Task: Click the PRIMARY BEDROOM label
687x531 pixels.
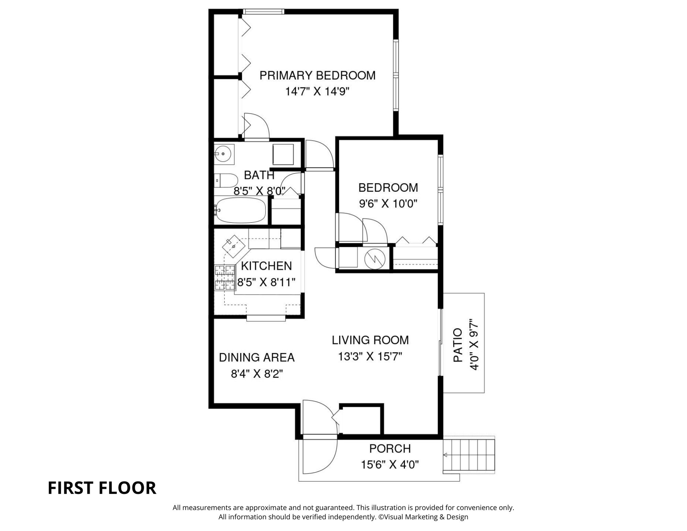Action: tap(317, 75)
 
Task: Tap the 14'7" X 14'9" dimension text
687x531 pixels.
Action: tap(317, 92)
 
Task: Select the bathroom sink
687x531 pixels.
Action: tap(224, 153)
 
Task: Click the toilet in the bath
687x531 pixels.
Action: tap(226, 180)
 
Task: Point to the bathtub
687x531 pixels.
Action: tap(240, 210)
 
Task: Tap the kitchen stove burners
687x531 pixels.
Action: tap(225, 277)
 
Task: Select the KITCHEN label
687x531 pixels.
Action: tap(266, 266)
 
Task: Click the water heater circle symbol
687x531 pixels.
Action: tap(375, 259)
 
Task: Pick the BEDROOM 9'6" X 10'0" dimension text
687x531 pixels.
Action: tap(388, 204)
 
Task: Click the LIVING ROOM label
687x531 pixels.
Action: tap(370, 340)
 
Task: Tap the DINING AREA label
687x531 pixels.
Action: tap(257, 357)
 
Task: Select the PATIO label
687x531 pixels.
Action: tap(458, 345)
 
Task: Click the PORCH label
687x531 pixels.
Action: tap(390, 449)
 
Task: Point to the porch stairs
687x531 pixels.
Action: tap(469, 455)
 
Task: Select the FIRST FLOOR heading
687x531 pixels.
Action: tap(102, 488)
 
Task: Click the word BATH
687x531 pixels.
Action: tap(259, 175)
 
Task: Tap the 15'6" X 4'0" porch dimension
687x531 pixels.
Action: tap(390, 465)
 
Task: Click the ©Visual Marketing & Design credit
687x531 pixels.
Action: tap(423, 517)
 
